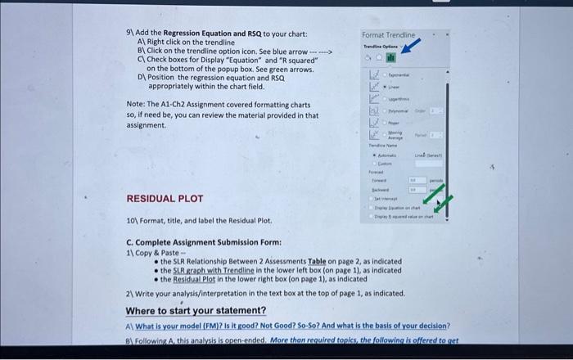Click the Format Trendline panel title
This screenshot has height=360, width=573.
click(x=389, y=36)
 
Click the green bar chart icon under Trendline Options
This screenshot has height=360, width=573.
click(x=391, y=58)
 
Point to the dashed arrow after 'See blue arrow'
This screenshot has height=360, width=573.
click(x=322, y=52)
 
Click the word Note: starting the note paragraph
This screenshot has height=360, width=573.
click(x=136, y=105)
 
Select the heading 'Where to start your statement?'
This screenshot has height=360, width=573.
click(x=196, y=311)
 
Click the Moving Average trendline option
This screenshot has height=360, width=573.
click(x=397, y=137)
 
